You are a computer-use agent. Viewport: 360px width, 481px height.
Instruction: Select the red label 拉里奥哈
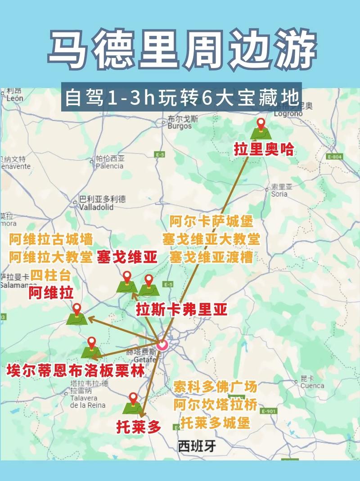click(263, 149)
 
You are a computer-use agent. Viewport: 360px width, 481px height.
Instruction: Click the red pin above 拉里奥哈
click(261, 124)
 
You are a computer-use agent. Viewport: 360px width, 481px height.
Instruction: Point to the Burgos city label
click(180, 123)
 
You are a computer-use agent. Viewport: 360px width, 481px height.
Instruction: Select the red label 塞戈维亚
click(127, 257)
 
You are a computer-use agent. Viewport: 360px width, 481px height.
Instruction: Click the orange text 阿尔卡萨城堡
click(211, 221)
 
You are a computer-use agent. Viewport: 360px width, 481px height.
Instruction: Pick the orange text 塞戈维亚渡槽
click(211, 257)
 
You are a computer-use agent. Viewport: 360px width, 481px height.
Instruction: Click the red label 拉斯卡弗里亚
click(182, 310)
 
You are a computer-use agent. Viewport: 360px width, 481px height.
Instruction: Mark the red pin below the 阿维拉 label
click(77, 309)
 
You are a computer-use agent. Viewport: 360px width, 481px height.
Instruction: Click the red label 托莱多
click(139, 426)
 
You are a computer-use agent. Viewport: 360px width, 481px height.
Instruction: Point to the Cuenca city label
click(312, 382)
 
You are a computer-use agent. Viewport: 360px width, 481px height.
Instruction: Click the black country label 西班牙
click(197, 446)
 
